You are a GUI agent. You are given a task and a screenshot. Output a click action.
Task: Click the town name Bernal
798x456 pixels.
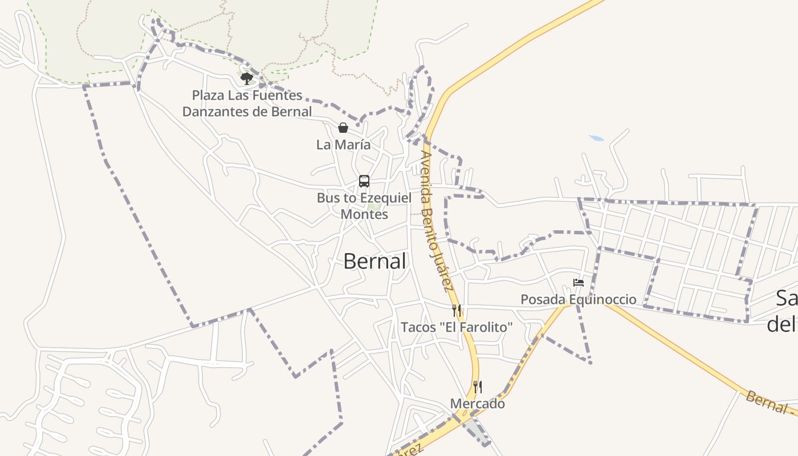(x=374, y=261)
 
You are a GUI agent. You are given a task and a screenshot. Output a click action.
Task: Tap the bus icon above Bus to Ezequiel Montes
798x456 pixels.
(x=364, y=181)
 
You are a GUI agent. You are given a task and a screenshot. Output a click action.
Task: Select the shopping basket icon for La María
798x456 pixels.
(x=343, y=128)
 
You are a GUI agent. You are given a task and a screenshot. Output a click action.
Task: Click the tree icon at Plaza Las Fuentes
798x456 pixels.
(x=246, y=78)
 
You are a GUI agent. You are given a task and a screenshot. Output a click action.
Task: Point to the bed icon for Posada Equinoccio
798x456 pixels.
(x=579, y=283)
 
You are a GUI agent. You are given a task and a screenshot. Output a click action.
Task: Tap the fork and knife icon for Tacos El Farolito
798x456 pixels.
(x=457, y=310)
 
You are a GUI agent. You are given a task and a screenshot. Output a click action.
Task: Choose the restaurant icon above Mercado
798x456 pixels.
(x=478, y=387)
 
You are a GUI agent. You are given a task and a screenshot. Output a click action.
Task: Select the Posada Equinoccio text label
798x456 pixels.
(x=578, y=299)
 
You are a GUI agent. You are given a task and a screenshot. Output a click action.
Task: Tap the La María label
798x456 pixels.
(x=343, y=145)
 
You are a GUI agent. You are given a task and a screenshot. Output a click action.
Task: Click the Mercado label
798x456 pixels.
(x=478, y=404)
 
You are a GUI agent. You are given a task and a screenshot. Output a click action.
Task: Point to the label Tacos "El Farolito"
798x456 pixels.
(x=457, y=327)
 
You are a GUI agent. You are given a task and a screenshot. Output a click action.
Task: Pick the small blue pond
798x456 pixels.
(x=596, y=139)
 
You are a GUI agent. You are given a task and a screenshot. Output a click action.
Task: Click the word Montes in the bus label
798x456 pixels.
(x=364, y=214)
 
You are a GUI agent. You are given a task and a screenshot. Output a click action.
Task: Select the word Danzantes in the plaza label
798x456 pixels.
(x=216, y=111)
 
